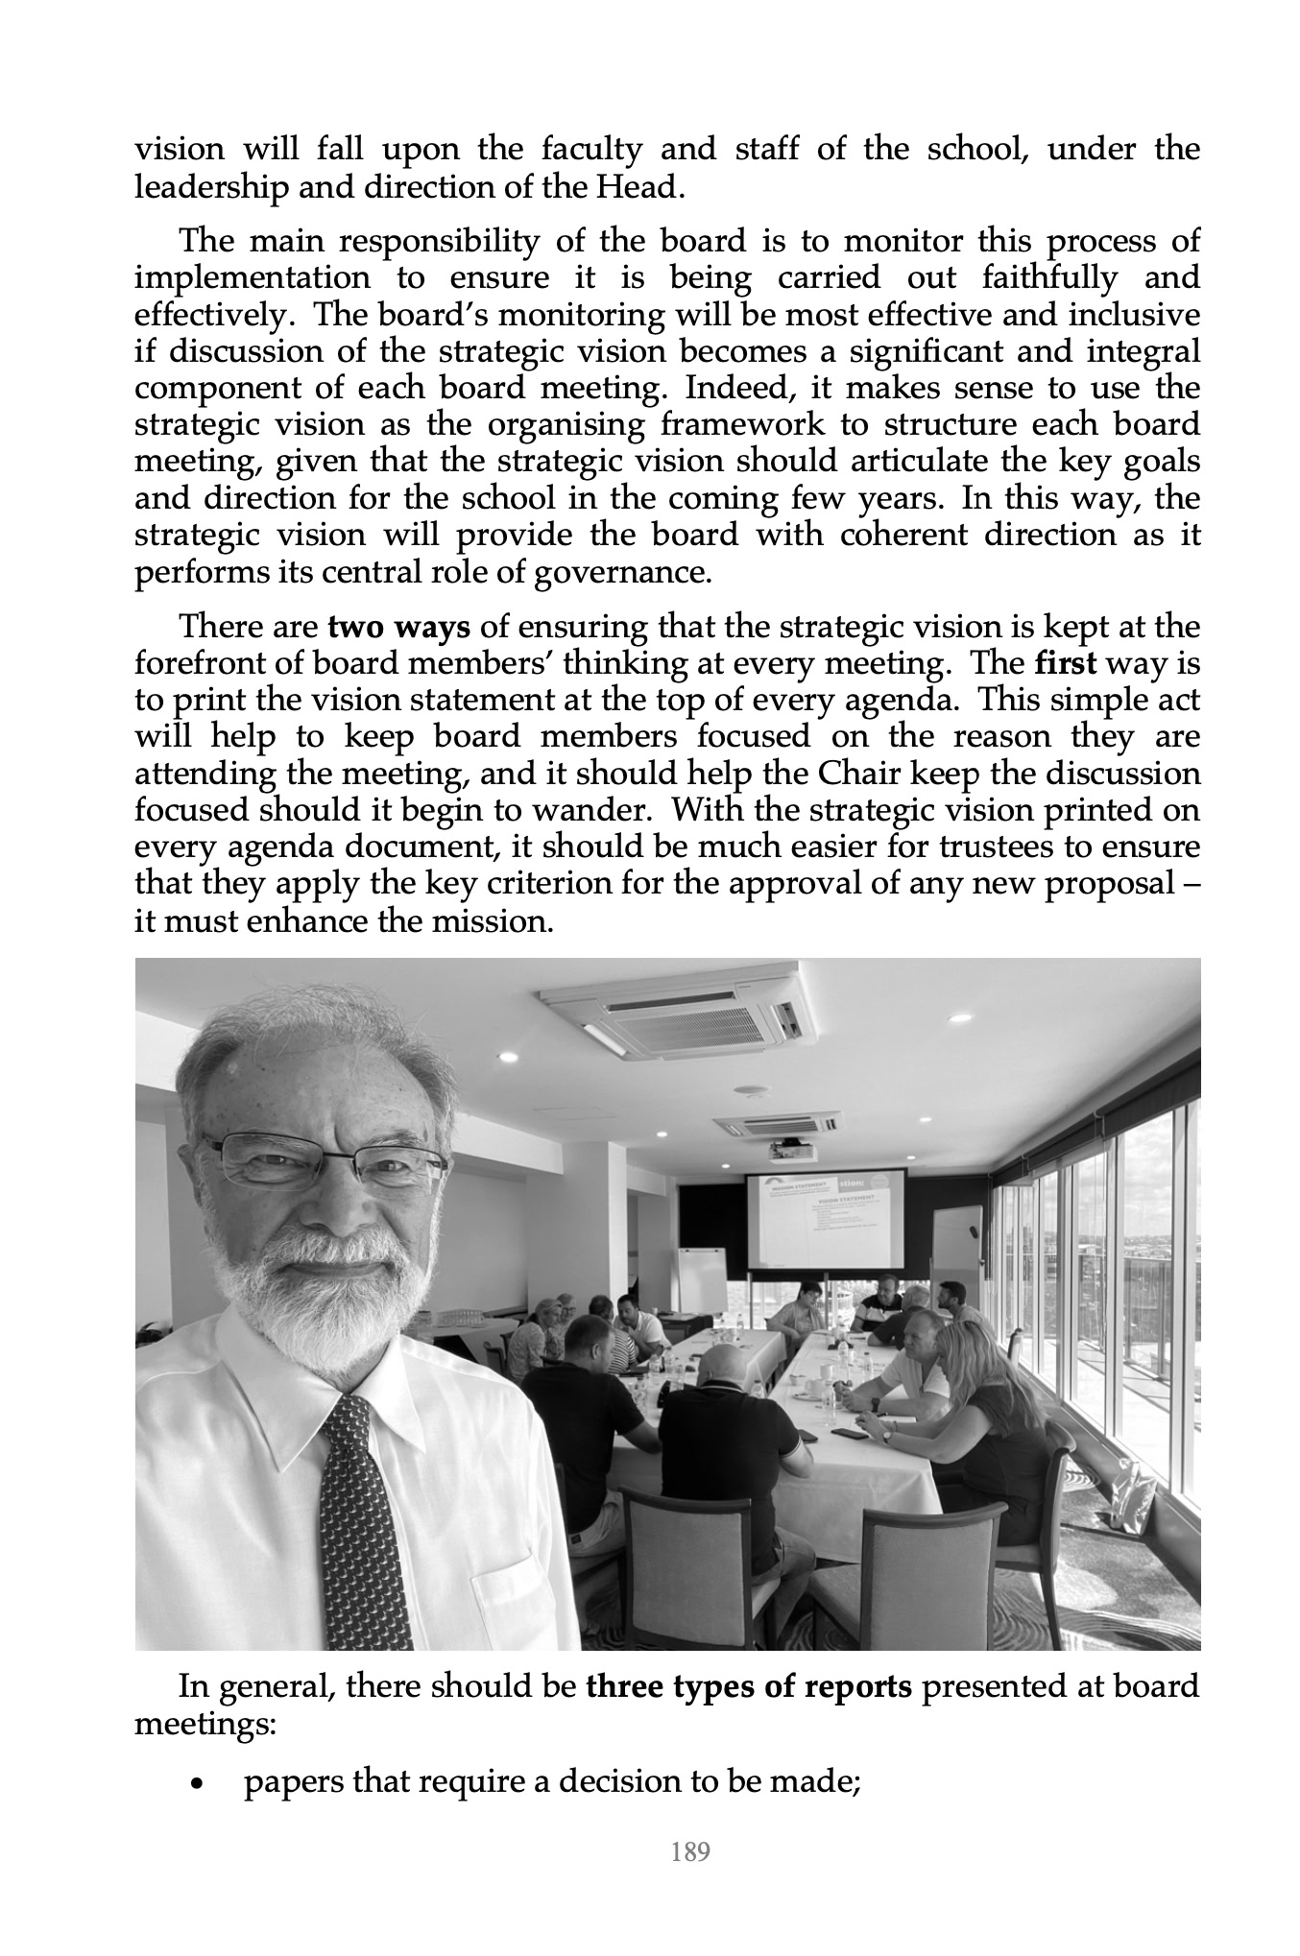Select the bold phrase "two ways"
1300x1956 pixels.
[398, 627]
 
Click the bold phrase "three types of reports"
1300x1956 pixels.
[748, 1686]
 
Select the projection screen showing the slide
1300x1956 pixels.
[827, 1219]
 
